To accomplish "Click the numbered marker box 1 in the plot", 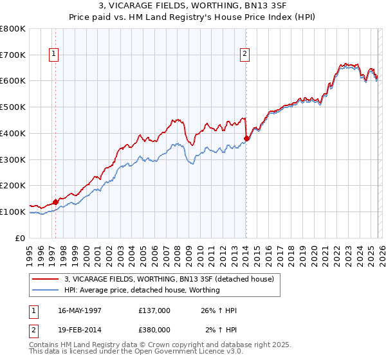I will pyautogui.click(x=53, y=55).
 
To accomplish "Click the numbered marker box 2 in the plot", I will pyautogui.click(x=245, y=55).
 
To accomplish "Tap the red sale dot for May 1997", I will pyautogui.click(x=56, y=202).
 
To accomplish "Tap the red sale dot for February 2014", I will pyautogui.click(x=246, y=138).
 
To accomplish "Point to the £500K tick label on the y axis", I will pyautogui.click(x=13, y=107).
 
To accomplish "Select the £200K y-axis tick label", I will pyautogui.click(x=13, y=185).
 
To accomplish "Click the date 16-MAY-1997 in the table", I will pyautogui.click(x=79, y=310).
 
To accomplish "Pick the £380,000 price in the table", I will pyautogui.click(x=154, y=330).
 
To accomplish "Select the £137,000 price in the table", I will pyautogui.click(x=154, y=310).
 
